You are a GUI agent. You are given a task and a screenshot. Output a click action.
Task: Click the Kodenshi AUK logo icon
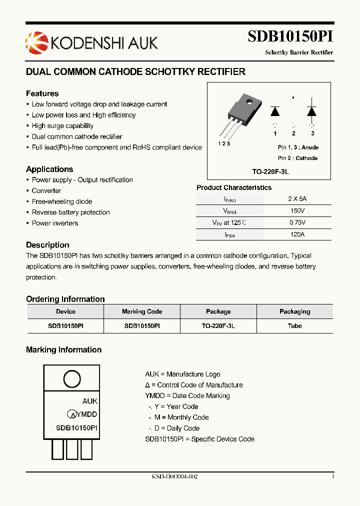coord(36,42)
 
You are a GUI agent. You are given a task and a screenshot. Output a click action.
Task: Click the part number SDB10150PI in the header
coord(290,37)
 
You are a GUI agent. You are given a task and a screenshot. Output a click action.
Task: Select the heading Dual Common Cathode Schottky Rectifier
coord(135,72)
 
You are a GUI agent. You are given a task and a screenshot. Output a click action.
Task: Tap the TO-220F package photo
coord(241,116)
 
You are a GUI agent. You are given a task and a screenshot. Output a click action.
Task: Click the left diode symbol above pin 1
coord(275,111)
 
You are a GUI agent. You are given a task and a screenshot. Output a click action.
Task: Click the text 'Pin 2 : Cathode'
coord(297,158)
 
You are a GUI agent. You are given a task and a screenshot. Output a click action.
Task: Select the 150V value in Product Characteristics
coord(297,211)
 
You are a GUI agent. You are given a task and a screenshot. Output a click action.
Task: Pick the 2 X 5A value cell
coord(297,198)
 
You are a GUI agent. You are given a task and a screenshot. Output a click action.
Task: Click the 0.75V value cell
coord(297,223)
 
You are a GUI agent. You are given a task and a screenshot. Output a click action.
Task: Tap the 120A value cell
coord(297,234)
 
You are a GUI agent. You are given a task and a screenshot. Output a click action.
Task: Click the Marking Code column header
coord(142,311)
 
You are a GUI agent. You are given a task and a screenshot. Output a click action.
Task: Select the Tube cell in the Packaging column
coord(294,326)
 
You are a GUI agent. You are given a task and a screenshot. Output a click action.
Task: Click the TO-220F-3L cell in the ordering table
coord(218,326)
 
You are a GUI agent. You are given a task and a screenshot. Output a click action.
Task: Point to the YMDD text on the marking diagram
coord(87,414)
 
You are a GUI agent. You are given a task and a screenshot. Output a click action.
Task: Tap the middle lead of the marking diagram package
coord(72,448)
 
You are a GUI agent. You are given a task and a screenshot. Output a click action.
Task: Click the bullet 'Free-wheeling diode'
coord(62,201)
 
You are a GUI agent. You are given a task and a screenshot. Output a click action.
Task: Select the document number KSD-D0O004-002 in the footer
coord(175,477)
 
